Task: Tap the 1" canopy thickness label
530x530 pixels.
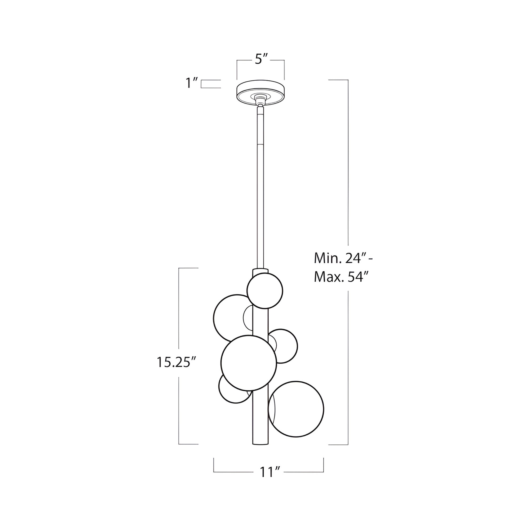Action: click(192, 83)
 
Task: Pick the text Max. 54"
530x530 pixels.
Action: click(341, 278)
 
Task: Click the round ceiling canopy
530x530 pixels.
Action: click(260, 93)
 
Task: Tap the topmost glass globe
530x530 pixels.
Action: click(264, 290)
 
